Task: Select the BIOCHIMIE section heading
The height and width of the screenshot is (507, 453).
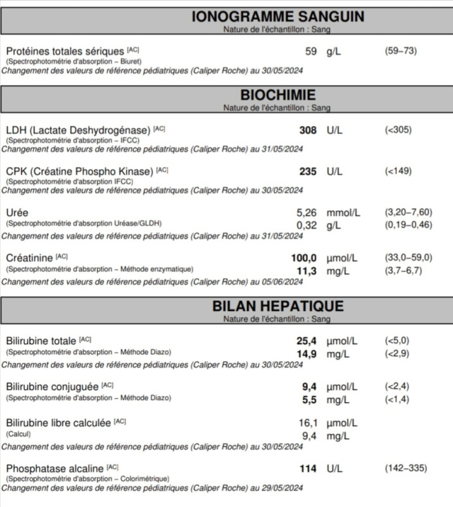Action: [x=278, y=95]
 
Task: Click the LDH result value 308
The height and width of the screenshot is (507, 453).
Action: [x=307, y=130]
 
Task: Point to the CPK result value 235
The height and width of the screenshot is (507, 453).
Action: [x=307, y=171]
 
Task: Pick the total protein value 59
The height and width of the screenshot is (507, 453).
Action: [x=310, y=51]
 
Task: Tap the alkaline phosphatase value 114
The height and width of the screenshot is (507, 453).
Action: [x=307, y=468]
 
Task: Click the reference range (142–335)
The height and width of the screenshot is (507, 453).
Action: [x=405, y=468]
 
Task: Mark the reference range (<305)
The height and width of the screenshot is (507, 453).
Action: [x=398, y=130]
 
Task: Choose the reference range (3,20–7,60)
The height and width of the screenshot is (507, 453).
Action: [x=408, y=212]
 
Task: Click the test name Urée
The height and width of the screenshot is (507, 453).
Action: [x=17, y=213]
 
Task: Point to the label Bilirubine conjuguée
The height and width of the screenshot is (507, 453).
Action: [x=52, y=387]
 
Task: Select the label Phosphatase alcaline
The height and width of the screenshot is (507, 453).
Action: [x=55, y=469]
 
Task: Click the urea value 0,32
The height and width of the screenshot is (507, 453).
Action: [x=306, y=224]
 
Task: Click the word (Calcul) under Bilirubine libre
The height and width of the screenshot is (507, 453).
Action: [x=18, y=434]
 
